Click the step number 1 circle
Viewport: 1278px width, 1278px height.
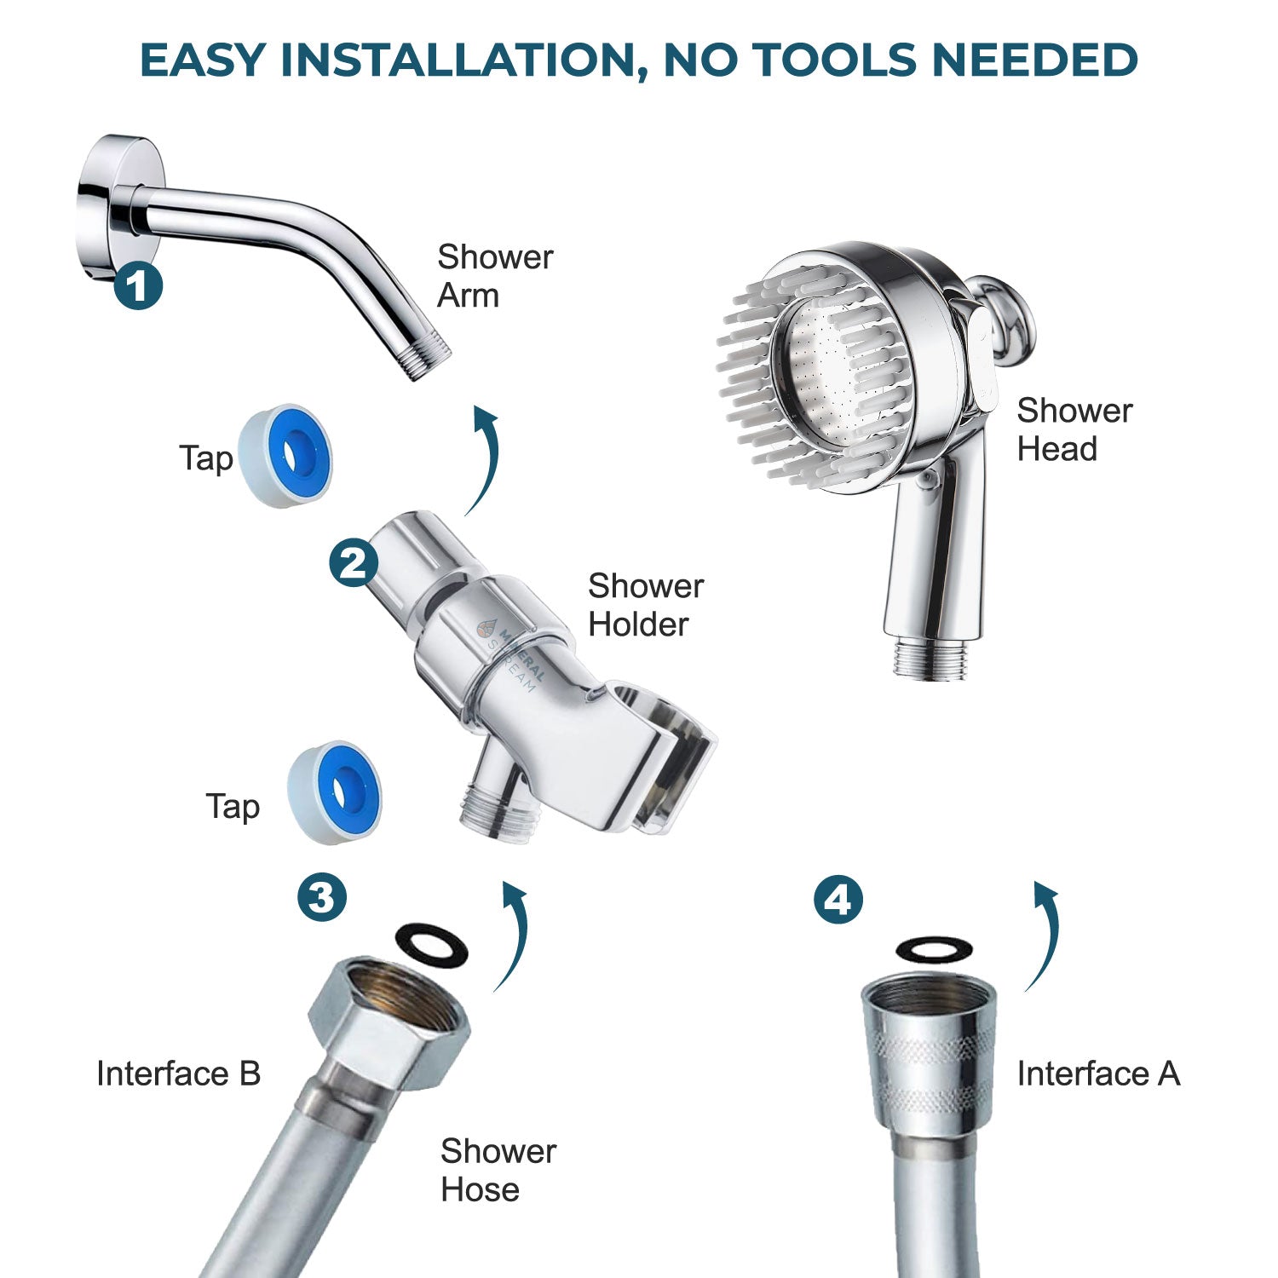click(x=139, y=285)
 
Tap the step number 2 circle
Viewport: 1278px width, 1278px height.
click(x=354, y=562)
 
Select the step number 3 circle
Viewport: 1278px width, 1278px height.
click(x=322, y=896)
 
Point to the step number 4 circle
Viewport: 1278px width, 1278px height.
click(x=838, y=900)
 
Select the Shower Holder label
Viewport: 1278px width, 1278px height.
click(x=645, y=605)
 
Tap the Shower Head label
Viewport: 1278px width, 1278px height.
click(x=1074, y=429)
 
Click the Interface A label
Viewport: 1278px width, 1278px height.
click(x=1097, y=1074)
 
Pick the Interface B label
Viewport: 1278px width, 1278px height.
click(x=178, y=1074)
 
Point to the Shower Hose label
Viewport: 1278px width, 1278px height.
click(x=498, y=1170)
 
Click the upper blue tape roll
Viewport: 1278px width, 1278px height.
click(x=285, y=457)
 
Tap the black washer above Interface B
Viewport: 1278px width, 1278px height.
click(x=432, y=946)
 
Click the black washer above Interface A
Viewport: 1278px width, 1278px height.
click(x=935, y=948)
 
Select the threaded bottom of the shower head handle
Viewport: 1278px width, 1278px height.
click(x=930, y=660)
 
